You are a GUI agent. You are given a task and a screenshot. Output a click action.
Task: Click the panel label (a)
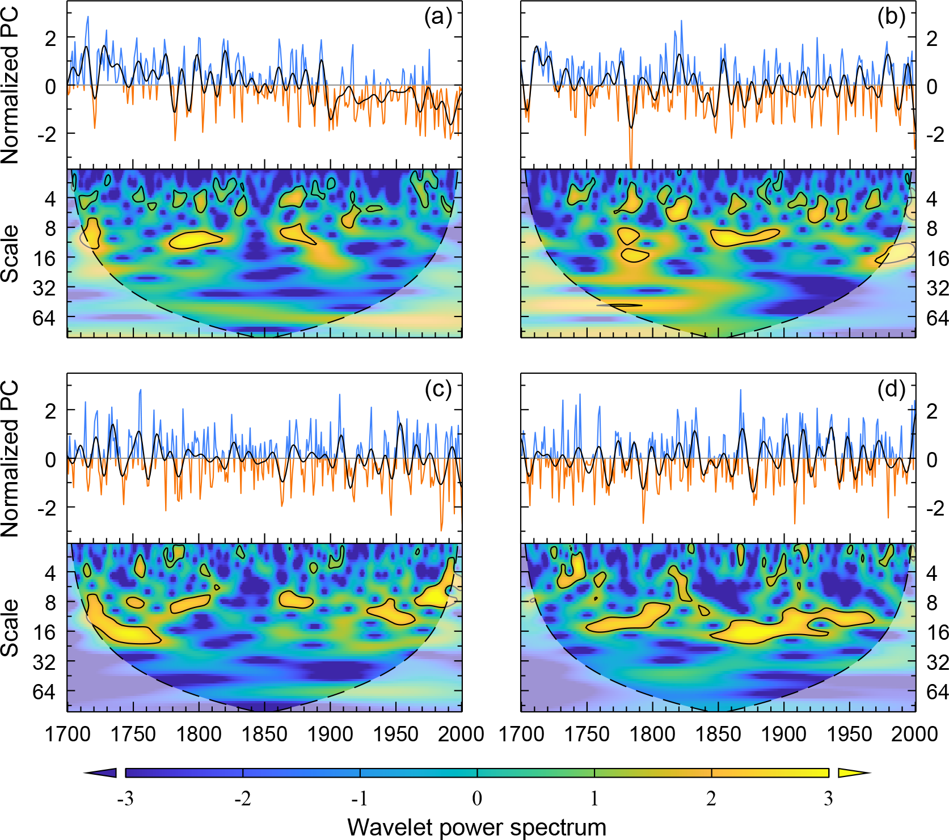[x=437, y=18]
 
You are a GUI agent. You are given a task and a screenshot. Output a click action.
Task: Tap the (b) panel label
[x=891, y=18]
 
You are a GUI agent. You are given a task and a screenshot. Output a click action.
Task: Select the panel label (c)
[x=437, y=390]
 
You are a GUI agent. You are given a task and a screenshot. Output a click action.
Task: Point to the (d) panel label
[x=891, y=390]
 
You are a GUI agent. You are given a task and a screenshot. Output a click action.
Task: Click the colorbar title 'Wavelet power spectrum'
[x=476, y=827]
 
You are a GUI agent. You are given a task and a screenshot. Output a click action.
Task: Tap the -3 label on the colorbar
[x=125, y=799]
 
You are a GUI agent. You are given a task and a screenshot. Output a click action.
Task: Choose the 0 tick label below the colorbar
[x=477, y=799]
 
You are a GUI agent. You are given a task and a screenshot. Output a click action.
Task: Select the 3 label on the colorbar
[x=829, y=799]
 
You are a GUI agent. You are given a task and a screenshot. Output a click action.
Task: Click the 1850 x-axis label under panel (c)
[x=264, y=734]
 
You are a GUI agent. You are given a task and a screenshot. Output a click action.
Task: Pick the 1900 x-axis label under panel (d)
[x=783, y=734]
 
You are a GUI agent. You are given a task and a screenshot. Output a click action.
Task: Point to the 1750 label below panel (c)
[x=133, y=734]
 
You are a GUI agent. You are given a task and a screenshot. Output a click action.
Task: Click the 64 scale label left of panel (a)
[x=44, y=318]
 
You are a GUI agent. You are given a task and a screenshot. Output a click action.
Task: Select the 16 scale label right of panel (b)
[x=938, y=259]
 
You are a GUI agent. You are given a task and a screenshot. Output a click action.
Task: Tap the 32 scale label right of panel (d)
[x=938, y=662]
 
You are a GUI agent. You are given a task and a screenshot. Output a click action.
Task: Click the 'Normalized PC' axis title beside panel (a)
[x=10, y=86]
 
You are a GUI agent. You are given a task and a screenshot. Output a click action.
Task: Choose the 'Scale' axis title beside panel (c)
[x=10, y=628]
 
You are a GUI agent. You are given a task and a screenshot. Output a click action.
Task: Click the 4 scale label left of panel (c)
[x=50, y=573]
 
